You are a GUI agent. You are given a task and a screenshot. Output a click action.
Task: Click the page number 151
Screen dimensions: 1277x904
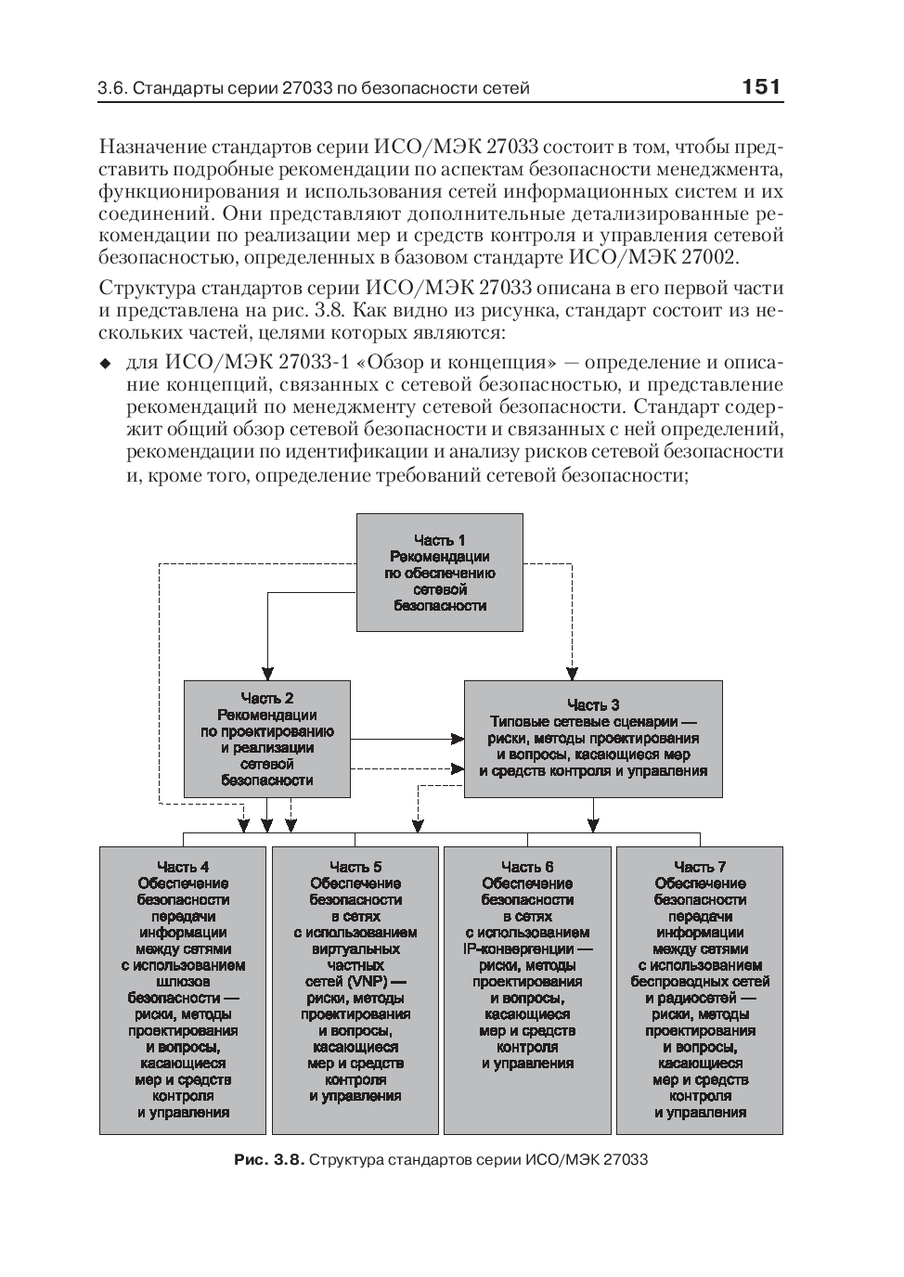pos(761,87)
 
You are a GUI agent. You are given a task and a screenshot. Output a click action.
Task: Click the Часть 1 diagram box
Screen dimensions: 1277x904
pos(440,573)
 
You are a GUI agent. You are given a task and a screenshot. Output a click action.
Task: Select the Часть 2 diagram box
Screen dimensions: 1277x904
pos(267,739)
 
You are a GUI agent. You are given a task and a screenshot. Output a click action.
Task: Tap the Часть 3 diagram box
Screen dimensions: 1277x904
pos(593,739)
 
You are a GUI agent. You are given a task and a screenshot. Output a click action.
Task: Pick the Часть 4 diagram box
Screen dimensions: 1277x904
pos(183,989)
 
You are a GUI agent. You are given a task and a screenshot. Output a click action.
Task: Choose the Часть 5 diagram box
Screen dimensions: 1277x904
pos(355,989)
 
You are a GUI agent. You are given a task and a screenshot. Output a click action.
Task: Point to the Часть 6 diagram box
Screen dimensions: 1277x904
pos(527,989)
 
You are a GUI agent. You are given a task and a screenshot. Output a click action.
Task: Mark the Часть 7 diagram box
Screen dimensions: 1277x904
pos(700,989)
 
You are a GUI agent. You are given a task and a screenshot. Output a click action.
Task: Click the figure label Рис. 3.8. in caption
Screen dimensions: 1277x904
pos(269,1160)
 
